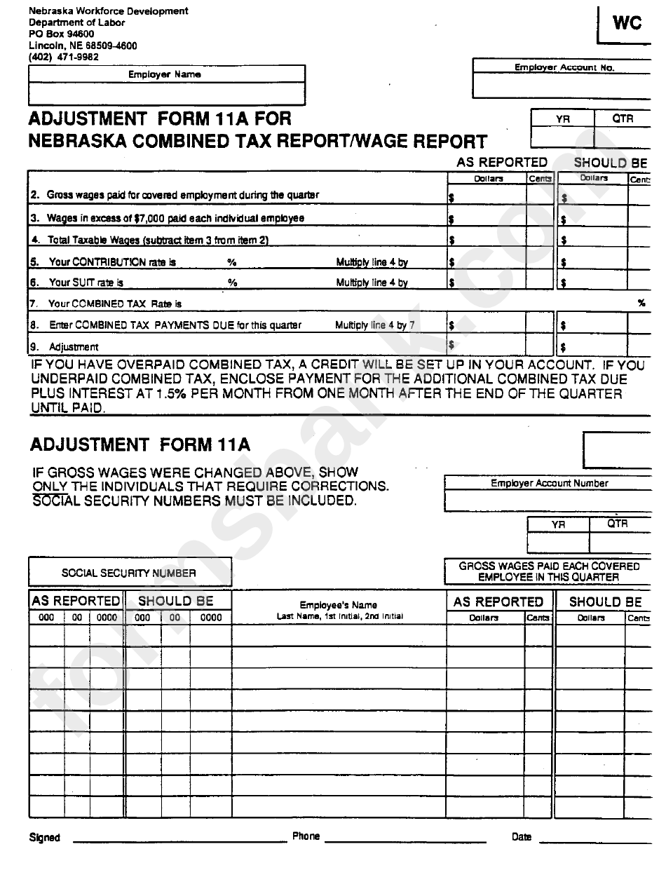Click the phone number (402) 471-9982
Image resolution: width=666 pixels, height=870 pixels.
pyautogui.click(x=64, y=57)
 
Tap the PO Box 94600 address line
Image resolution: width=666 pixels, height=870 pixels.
pyautogui.click(x=62, y=34)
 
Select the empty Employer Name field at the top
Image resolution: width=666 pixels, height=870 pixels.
pyautogui.click(x=167, y=93)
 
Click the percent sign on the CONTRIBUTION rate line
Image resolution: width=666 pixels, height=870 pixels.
pyautogui.click(x=231, y=262)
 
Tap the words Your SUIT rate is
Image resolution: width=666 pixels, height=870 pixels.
pyautogui.click(x=86, y=283)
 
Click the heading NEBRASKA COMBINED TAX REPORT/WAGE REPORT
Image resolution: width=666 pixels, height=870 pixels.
pyautogui.click(x=257, y=142)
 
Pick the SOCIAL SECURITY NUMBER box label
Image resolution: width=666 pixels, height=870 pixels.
pyautogui.click(x=129, y=573)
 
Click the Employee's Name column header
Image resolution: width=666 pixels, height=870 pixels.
pyautogui.click(x=339, y=605)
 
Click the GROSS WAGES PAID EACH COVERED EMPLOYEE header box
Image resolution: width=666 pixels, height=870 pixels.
pyautogui.click(x=549, y=571)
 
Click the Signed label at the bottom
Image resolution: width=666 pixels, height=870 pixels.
pyautogui.click(x=45, y=838)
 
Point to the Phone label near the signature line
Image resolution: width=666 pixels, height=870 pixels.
pyautogui.click(x=306, y=836)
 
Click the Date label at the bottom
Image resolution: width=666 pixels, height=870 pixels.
pyautogui.click(x=521, y=837)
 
